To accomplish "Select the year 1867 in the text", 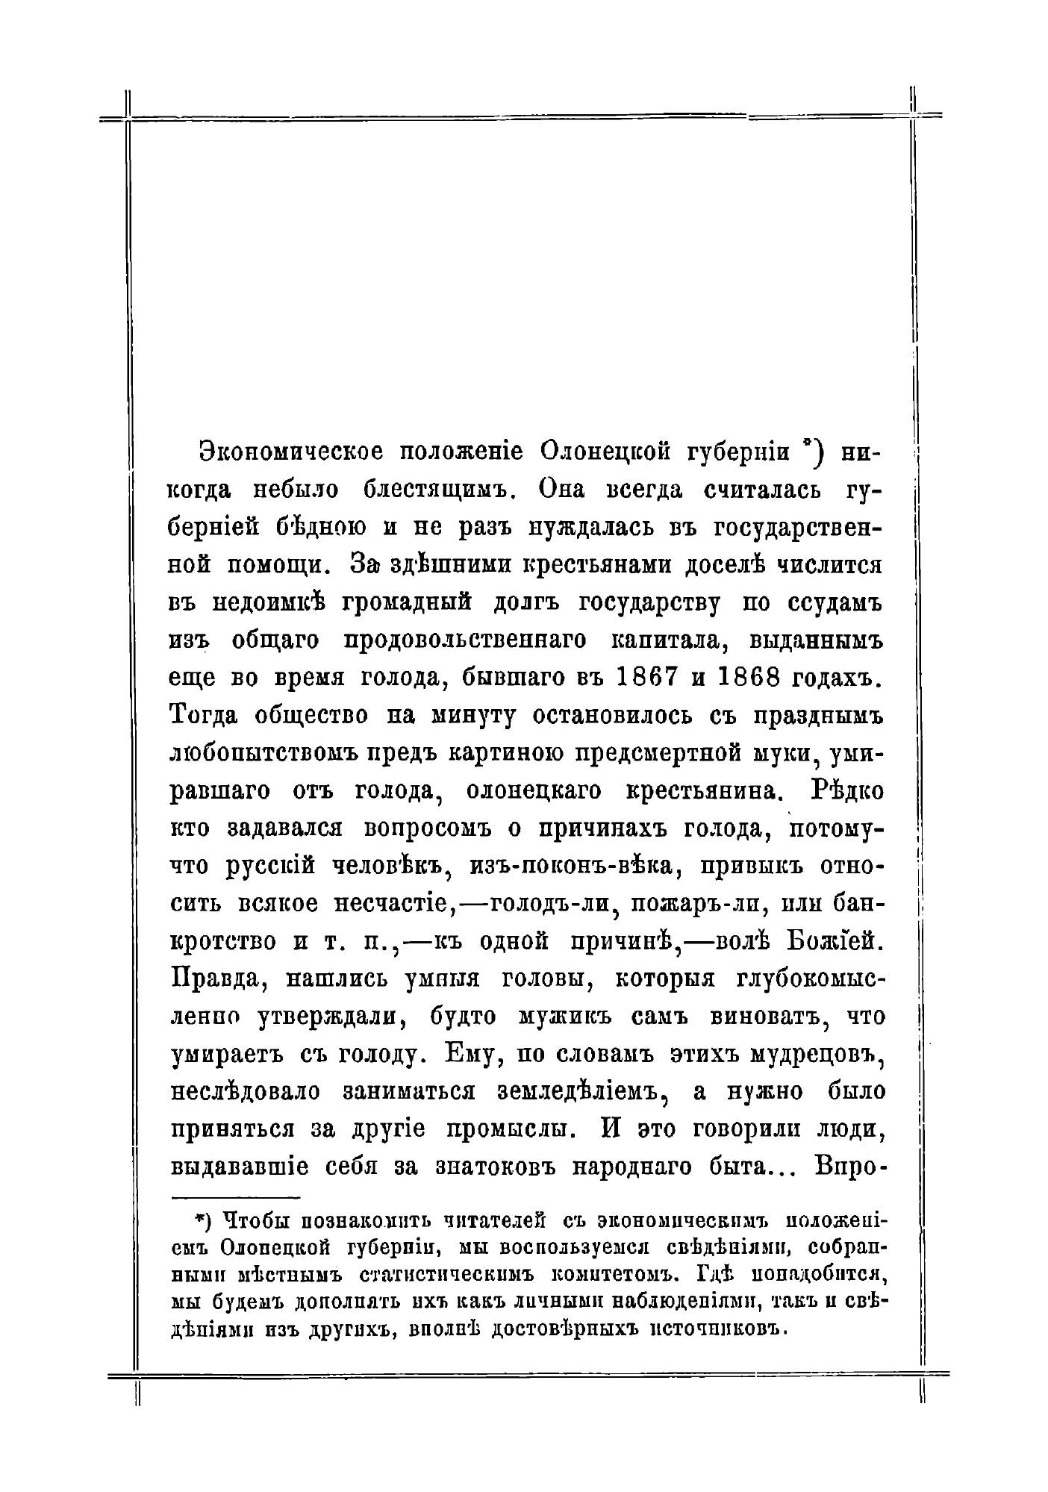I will (x=647, y=678).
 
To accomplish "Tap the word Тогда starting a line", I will (x=206, y=715).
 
